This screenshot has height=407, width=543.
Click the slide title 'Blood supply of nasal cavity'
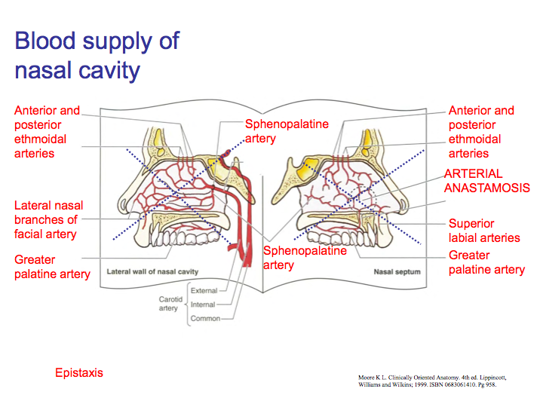pyautogui.click(x=97, y=55)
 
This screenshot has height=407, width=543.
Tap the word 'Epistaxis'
pyautogui.click(x=78, y=372)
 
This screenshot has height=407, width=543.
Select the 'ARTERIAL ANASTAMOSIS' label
pyautogui.click(x=486, y=181)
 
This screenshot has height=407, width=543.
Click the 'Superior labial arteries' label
pyautogui.click(x=484, y=231)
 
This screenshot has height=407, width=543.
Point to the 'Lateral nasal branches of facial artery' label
pyautogui.click(x=48, y=219)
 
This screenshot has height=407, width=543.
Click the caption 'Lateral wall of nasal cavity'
pyautogui.click(x=152, y=271)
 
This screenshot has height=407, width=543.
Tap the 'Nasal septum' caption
pyautogui.click(x=397, y=271)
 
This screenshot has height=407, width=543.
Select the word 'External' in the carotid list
pyautogui.click(x=204, y=291)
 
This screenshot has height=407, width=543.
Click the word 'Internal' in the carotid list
pyautogui.click(x=203, y=304)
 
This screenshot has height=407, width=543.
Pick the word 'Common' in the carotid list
pyautogui.click(x=204, y=319)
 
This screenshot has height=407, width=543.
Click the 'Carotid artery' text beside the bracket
pyautogui.click(x=168, y=303)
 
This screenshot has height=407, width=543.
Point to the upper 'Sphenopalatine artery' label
pyautogui.click(x=287, y=131)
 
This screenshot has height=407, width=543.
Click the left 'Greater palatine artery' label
pyautogui.click(x=52, y=267)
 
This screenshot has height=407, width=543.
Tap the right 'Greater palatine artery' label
pyautogui.click(x=486, y=262)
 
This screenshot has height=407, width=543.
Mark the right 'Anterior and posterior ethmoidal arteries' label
pyautogui.click(x=481, y=132)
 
